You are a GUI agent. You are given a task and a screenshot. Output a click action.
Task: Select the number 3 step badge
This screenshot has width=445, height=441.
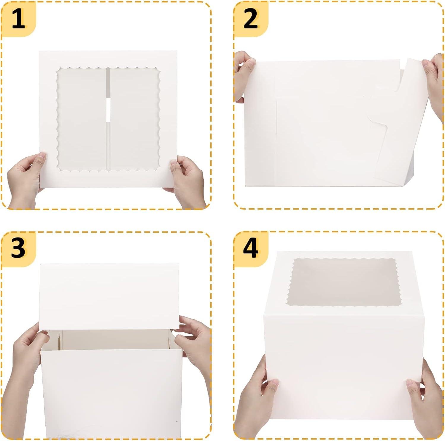[18, 248]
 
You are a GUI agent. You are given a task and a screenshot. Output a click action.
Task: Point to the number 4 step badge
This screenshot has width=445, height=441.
[251, 248]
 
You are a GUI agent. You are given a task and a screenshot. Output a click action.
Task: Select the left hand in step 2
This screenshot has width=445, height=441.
[244, 77]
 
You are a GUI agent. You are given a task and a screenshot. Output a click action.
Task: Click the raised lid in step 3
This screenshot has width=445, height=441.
[109, 296]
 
